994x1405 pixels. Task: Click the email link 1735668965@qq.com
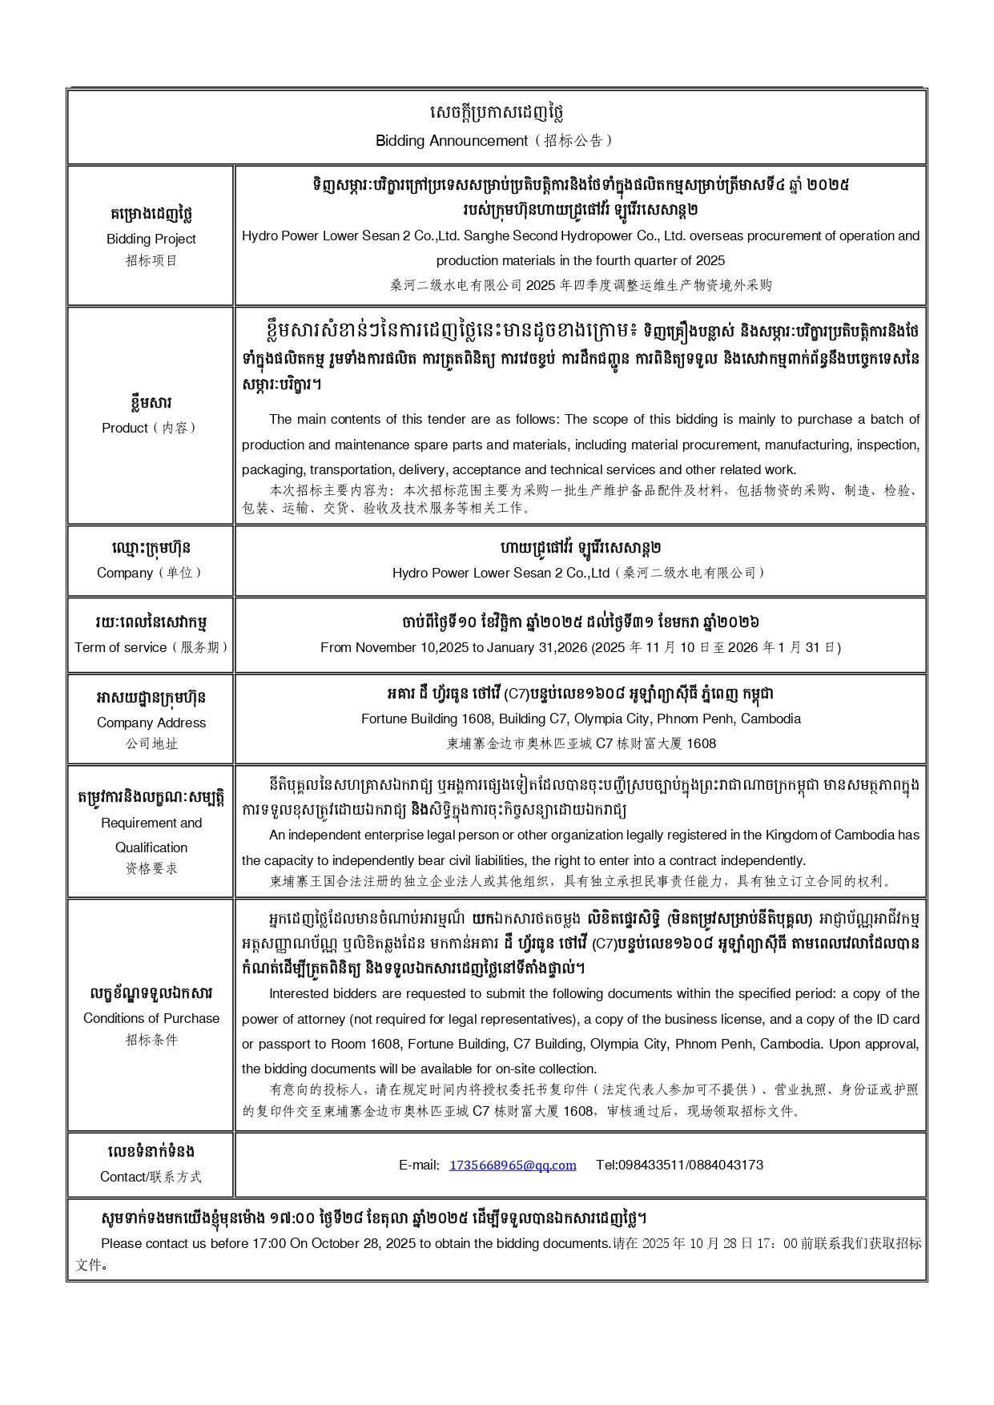pos(513,1165)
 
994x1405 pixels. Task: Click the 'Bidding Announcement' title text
pos(453,141)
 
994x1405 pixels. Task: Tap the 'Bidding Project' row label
pos(151,239)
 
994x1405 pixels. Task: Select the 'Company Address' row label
pos(151,723)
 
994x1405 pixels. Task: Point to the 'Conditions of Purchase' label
pos(151,1018)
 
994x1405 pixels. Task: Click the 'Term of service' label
pos(121,647)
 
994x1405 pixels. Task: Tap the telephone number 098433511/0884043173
pos(679,1165)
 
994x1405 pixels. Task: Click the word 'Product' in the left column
pos(125,428)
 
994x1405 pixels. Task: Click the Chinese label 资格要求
pos(151,868)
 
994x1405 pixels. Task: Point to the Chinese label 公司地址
pos(151,743)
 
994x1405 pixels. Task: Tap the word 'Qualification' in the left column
pos(151,847)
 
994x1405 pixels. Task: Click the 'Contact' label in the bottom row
pos(124,1177)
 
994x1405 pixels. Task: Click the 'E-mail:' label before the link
pos(420,1165)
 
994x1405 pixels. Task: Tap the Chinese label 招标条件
pos(151,1040)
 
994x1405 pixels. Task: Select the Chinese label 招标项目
pos(151,260)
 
